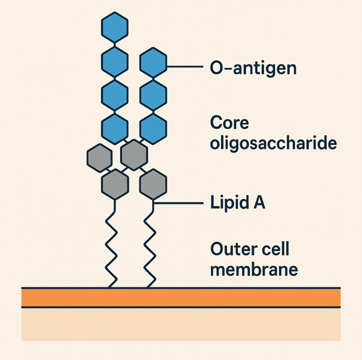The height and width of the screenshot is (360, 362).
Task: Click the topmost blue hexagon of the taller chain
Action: click(x=114, y=28)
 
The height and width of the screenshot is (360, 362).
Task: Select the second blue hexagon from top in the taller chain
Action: click(x=114, y=61)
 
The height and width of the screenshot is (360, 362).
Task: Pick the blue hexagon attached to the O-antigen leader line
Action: click(x=153, y=64)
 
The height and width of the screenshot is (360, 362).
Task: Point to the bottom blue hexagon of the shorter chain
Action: click(x=153, y=128)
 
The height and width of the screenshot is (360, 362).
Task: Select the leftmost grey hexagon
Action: click(x=99, y=157)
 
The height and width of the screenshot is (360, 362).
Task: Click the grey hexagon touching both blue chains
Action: click(x=134, y=154)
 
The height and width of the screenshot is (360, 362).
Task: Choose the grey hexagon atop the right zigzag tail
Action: click(x=153, y=185)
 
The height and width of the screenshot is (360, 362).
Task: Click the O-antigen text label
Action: click(x=253, y=67)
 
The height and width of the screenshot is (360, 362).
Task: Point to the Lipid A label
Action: click(x=237, y=204)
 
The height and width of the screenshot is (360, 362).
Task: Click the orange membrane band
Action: click(x=180, y=298)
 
